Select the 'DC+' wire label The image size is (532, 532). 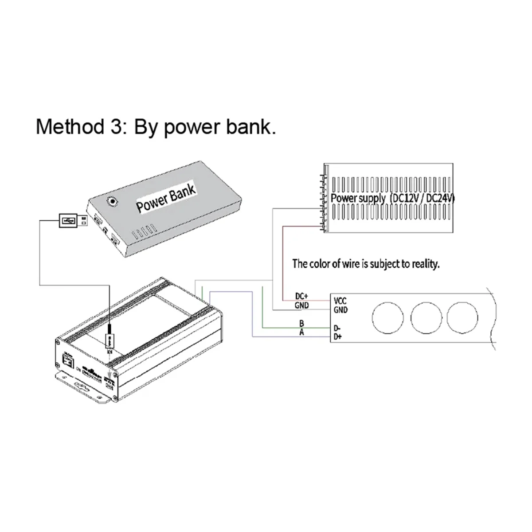(x=301, y=296)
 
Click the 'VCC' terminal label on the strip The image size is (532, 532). (x=340, y=301)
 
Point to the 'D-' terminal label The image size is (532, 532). (x=337, y=328)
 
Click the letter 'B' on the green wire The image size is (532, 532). (x=301, y=324)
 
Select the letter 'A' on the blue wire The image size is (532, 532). (x=301, y=333)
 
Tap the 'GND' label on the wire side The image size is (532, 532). (x=301, y=305)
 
